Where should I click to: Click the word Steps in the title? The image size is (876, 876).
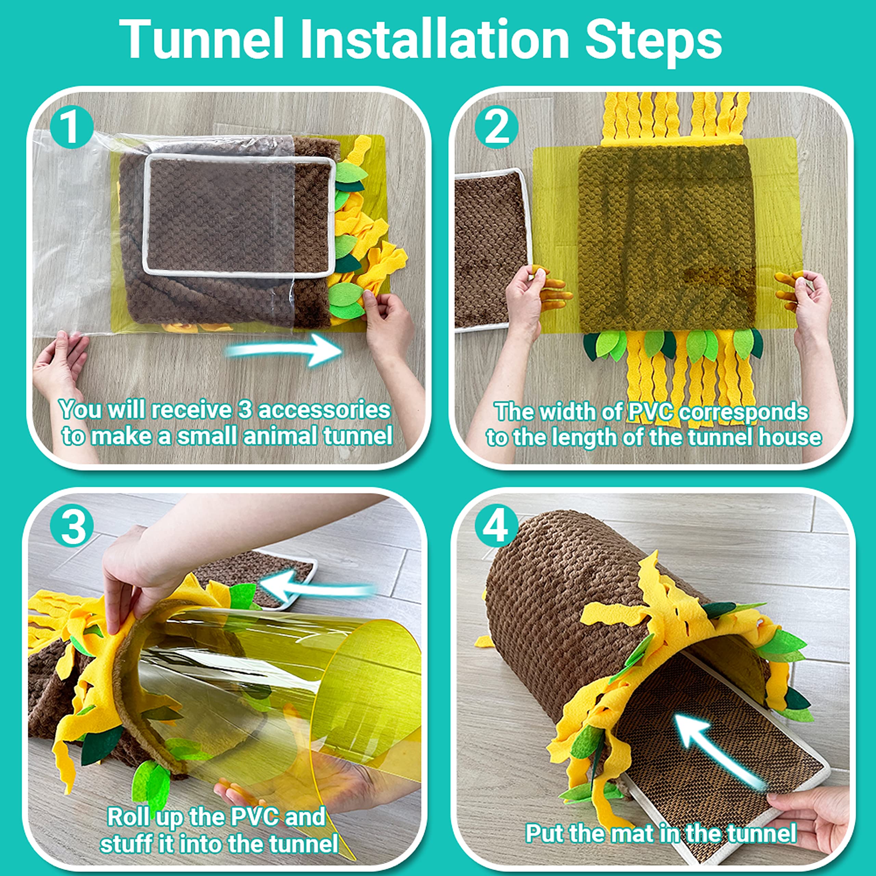[x=653, y=40]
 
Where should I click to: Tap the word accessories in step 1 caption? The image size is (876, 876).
[x=324, y=410]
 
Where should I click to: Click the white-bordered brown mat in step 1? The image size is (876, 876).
[x=238, y=215]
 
